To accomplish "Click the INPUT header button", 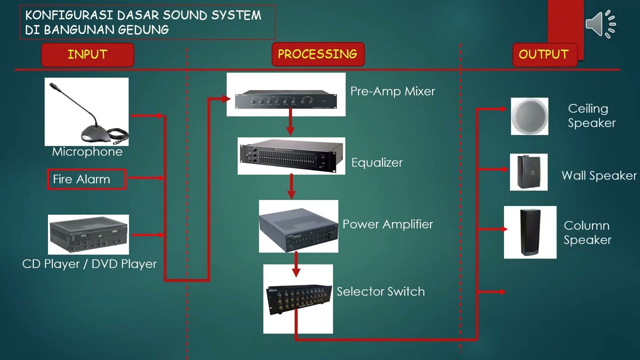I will pyautogui.click(x=87, y=54).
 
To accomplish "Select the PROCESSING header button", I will pyautogui.click(x=317, y=54).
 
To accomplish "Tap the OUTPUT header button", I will pyautogui.click(x=544, y=54).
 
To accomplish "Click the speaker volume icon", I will pyautogui.click(x=600, y=23).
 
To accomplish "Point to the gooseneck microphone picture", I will pyautogui.click(x=86, y=111).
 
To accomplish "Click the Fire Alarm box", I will pyautogui.click(x=86, y=179).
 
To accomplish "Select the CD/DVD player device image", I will pyautogui.click(x=88, y=234).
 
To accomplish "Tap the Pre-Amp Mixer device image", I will pyautogui.click(x=285, y=94).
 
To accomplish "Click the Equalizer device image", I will pyautogui.click(x=291, y=156).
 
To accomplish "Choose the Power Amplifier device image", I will pyautogui.click(x=298, y=226).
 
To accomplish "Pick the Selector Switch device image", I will pyautogui.click(x=298, y=298).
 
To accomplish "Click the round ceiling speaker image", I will pyautogui.click(x=529, y=116).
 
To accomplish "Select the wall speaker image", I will pyautogui.click(x=528, y=172).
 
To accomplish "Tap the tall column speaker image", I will pyautogui.click(x=530, y=232).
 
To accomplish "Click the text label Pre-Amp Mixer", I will pyautogui.click(x=392, y=91).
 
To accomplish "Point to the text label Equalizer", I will pyautogui.click(x=376, y=162).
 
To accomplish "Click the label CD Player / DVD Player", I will pyautogui.click(x=89, y=264).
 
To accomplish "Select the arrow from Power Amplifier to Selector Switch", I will pyautogui.click(x=296, y=264).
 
